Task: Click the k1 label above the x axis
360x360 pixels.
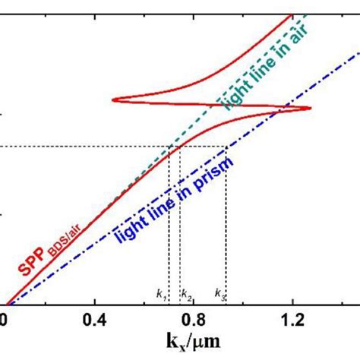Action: [x=161, y=293]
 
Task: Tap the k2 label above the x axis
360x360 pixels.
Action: [x=187, y=293]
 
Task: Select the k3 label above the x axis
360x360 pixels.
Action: [x=219, y=293]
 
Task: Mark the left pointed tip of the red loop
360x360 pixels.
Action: [x=112, y=99]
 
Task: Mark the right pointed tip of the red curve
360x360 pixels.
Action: [x=311, y=109]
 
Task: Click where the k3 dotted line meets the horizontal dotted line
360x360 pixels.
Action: [x=226, y=147]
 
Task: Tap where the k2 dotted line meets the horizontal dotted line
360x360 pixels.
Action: [x=179, y=147]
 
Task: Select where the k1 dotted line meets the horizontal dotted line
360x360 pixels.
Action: [x=168, y=147]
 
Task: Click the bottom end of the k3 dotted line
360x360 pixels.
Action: [x=226, y=302]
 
